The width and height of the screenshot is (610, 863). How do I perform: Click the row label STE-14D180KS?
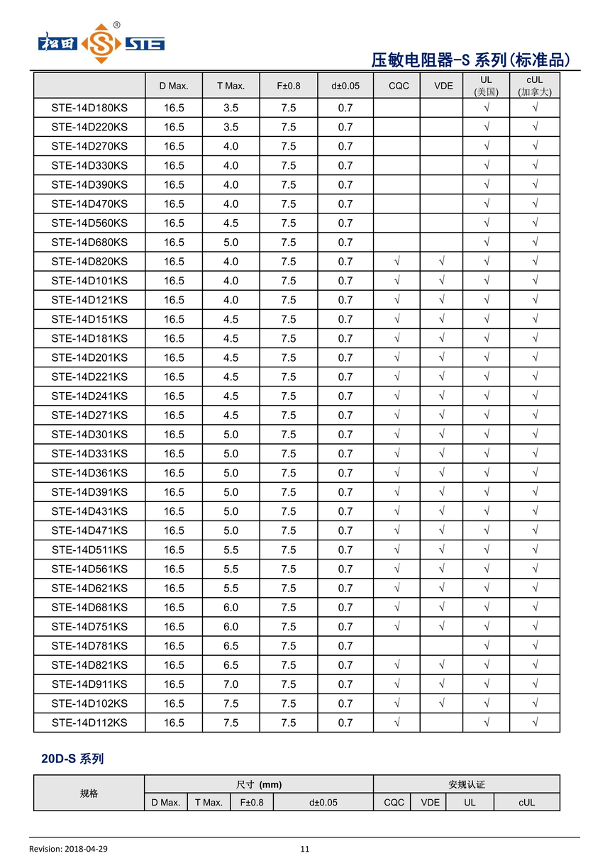pyautogui.click(x=89, y=108)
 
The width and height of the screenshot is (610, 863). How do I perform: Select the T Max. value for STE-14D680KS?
pyautogui.click(x=231, y=243)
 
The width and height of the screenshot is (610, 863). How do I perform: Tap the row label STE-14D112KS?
pyautogui.click(x=89, y=723)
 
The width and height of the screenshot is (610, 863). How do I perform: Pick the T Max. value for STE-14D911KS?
pyautogui.click(x=231, y=684)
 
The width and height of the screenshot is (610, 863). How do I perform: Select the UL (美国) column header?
pyautogui.click(x=486, y=85)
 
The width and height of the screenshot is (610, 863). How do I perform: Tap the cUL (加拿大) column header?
pyautogui.click(x=534, y=85)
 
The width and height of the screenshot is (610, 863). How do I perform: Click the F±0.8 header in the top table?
pyautogui.click(x=288, y=86)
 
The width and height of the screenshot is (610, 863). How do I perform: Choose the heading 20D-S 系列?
pyautogui.click(x=72, y=759)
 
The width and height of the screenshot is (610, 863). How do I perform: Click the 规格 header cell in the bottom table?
pyautogui.click(x=89, y=793)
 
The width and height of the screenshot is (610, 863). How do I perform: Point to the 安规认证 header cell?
pyautogui.click(x=466, y=784)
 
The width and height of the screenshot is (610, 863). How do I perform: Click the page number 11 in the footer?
pyautogui.click(x=305, y=849)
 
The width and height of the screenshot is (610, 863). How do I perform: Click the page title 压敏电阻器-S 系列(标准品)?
pyautogui.click(x=471, y=60)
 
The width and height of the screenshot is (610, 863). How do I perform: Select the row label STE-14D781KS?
pyautogui.click(x=89, y=646)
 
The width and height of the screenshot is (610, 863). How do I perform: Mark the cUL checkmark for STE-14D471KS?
pyautogui.click(x=534, y=530)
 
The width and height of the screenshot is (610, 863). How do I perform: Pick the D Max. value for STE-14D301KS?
pyautogui.click(x=174, y=435)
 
